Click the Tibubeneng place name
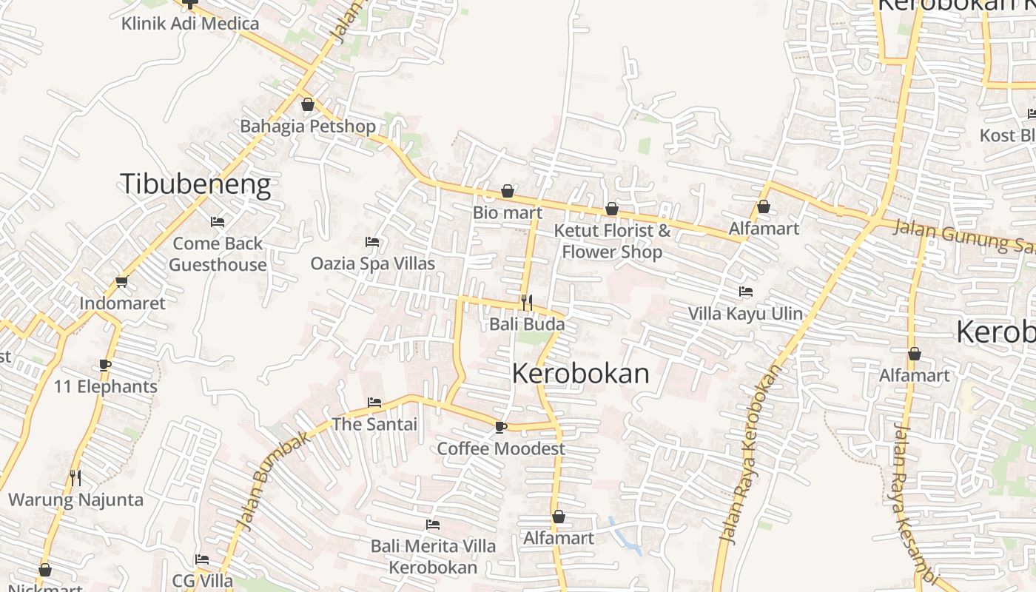click(195, 184)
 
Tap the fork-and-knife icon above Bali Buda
click(526, 302)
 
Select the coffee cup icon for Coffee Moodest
click(501, 426)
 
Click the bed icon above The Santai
click(374, 403)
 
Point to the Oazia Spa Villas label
click(372, 263)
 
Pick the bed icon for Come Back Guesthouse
click(218, 221)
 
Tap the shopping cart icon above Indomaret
click(122, 281)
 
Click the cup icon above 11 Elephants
click(105, 365)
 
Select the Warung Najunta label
click(75, 499)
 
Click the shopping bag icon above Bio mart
click(508, 191)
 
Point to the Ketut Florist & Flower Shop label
click(612, 241)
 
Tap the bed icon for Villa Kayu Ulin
click(745, 292)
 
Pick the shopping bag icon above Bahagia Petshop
click(308, 104)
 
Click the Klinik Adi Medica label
click(190, 24)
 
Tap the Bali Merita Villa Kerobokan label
click(433, 556)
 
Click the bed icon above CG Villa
click(202, 559)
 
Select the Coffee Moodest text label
click(500, 448)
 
